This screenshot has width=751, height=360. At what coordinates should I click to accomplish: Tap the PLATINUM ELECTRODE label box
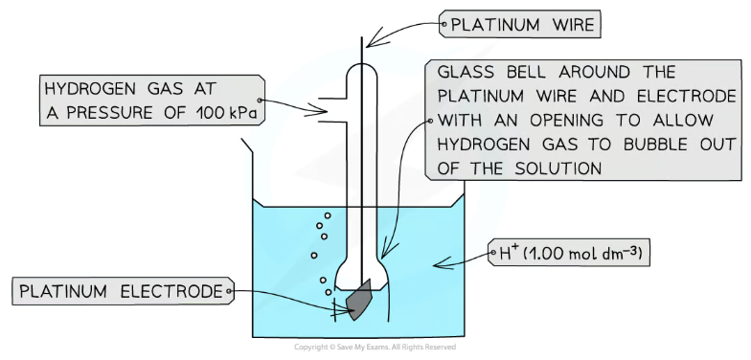point(123,288)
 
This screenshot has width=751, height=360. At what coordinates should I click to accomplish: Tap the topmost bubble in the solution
point(328,214)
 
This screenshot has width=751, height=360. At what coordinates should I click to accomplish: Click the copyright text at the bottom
point(375,347)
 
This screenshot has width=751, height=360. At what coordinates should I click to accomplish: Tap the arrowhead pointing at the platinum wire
point(371,38)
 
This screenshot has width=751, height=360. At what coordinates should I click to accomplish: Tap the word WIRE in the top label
point(565,24)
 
